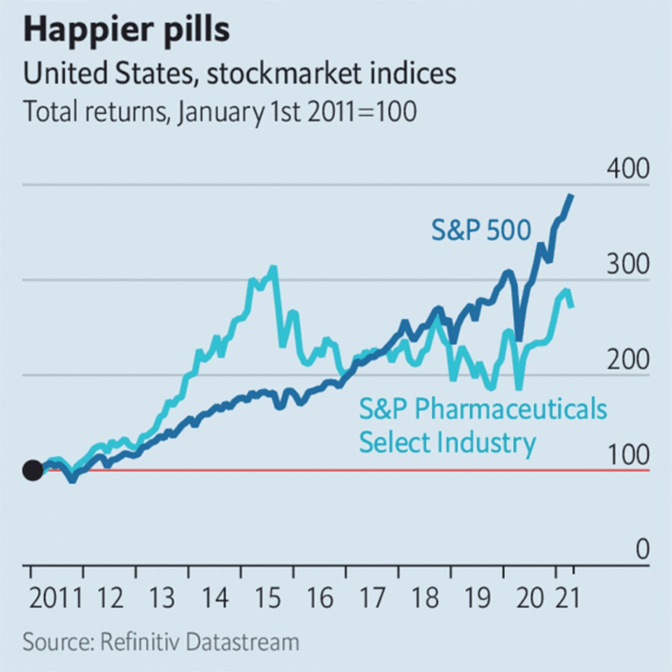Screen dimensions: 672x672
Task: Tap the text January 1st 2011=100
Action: pos(297,112)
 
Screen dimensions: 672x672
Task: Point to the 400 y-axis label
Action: pos(628,168)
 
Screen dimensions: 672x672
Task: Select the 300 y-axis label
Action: pos(628,264)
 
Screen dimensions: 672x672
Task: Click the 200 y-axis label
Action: pos(628,360)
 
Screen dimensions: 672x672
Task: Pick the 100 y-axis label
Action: pos(628,455)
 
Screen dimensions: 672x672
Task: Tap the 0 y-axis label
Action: pos(642,549)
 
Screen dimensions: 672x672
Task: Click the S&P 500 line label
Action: pos(481,230)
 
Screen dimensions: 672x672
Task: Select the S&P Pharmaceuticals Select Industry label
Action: pos(482,425)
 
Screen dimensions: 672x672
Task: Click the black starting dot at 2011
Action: pos(33,470)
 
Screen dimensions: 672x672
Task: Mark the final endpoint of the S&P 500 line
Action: pos(572,195)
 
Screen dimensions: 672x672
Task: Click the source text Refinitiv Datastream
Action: pos(199,642)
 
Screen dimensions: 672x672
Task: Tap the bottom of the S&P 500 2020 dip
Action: pos(519,339)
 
